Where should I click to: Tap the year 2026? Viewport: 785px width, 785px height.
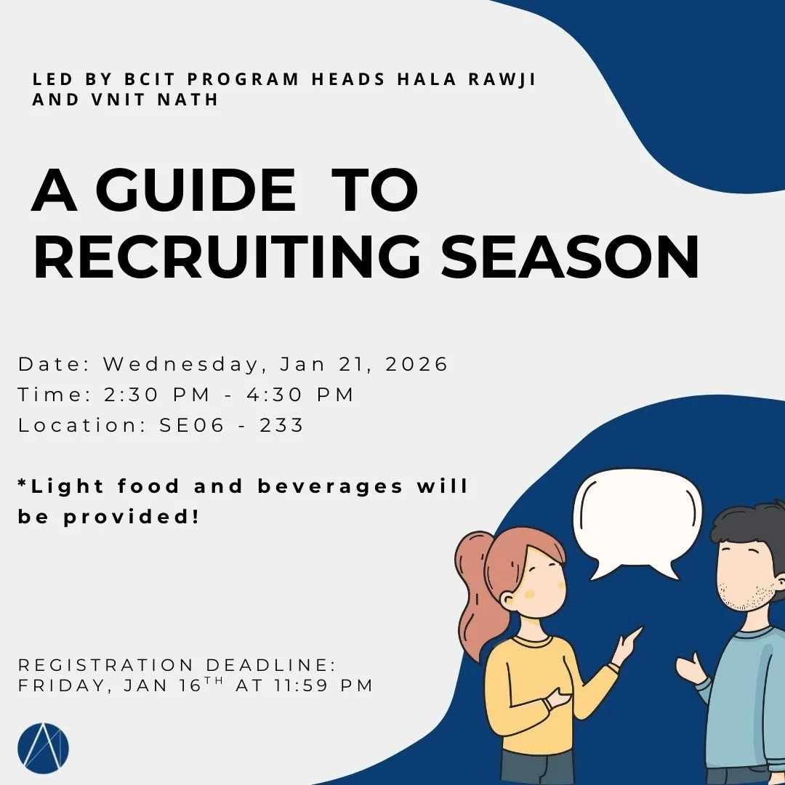pos(416,363)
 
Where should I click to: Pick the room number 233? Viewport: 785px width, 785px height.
pos(281,425)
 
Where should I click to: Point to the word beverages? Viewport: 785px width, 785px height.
pos(330,486)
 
